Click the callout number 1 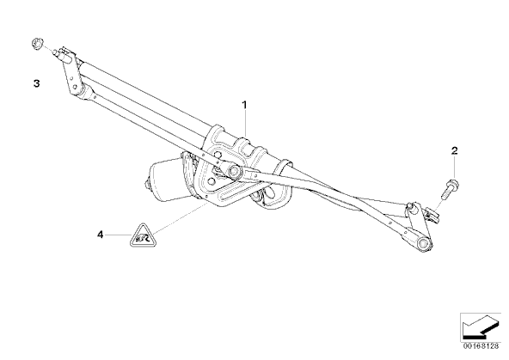244,105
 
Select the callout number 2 455,150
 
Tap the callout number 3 36,83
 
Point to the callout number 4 101,235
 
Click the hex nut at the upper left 37,44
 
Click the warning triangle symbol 143,235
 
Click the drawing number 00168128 481,346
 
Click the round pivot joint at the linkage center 233,170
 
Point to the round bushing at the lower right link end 424,244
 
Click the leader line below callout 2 455,168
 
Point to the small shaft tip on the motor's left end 147,185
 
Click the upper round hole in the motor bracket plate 217,155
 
